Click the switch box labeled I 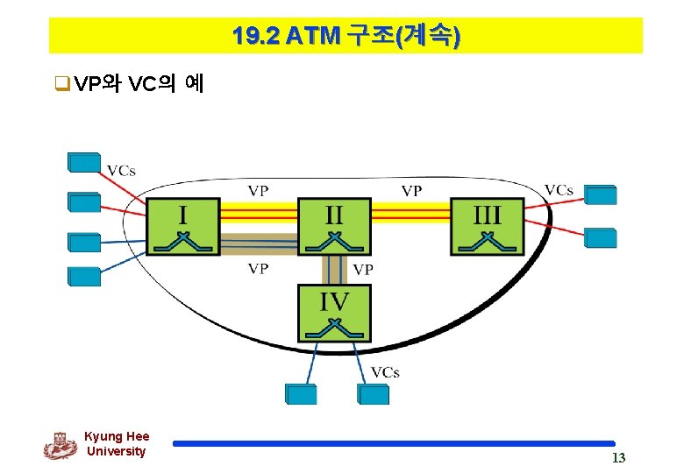(182, 226)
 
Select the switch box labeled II (334, 226)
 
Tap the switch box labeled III (487, 226)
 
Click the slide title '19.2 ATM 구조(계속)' (346, 36)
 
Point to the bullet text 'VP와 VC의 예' (139, 84)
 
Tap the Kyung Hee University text (117, 444)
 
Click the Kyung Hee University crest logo (60, 445)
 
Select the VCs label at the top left (121, 170)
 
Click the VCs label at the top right (559, 190)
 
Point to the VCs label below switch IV (385, 372)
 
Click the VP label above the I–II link (258, 190)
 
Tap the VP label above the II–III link (411, 190)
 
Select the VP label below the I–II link (258, 269)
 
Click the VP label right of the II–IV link (362, 270)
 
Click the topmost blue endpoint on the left (84, 162)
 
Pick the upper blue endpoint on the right (601, 194)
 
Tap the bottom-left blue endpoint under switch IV (300, 394)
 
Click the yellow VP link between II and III (410, 213)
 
